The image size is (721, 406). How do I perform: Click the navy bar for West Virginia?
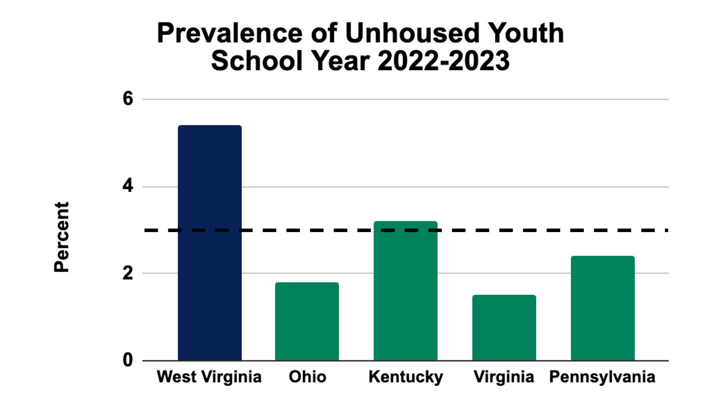pos(210,243)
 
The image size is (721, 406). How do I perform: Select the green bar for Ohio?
pos(307,322)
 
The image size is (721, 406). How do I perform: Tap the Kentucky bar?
pos(405,291)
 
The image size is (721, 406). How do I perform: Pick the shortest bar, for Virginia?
pos(504,328)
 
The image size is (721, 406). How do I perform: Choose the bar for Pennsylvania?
pos(602,308)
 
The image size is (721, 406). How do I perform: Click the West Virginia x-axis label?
pos(209,377)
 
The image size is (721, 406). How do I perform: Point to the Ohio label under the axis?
pos(307,377)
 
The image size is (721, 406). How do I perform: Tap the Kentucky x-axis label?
pos(406,377)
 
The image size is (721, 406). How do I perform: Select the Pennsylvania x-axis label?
pos(602,377)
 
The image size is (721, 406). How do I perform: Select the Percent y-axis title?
pos(62,237)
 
